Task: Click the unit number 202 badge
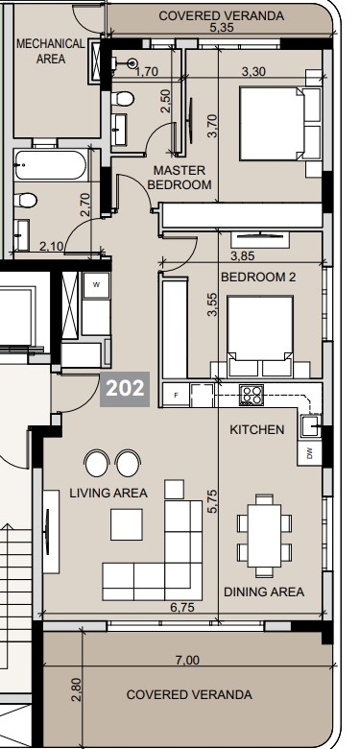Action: pyautogui.click(x=125, y=389)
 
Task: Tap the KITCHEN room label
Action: pyautogui.click(x=257, y=429)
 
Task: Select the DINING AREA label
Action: pyautogui.click(x=264, y=592)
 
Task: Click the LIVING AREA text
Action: pyautogui.click(x=108, y=493)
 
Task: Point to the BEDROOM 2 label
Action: pyautogui.click(x=258, y=277)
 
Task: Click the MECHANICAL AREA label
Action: pyautogui.click(x=51, y=52)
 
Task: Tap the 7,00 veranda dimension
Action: pyautogui.click(x=187, y=660)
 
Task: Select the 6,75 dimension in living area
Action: pyautogui.click(x=182, y=607)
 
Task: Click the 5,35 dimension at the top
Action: pyautogui.click(x=222, y=28)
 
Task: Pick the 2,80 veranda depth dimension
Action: pyautogui.click(x=77, y=689)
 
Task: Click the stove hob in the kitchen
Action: pyautogui.click(x=252, y=396)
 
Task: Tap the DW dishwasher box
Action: pyautogui.click(x=309, y=453)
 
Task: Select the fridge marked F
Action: pyautogui.click(x=177, y=395)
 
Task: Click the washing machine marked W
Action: pyautogui.click(x=96, y=285)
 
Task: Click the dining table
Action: pyautogui.click(x=265, y=536)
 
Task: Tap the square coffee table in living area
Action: pyautogui.click(x=127, y=524)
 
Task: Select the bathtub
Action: pyautogui.click(x=51, y=165)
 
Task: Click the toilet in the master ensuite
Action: pyautogui.click(x=122, y=99)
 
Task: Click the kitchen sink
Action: pyautogui.click(x=310, y=426)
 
